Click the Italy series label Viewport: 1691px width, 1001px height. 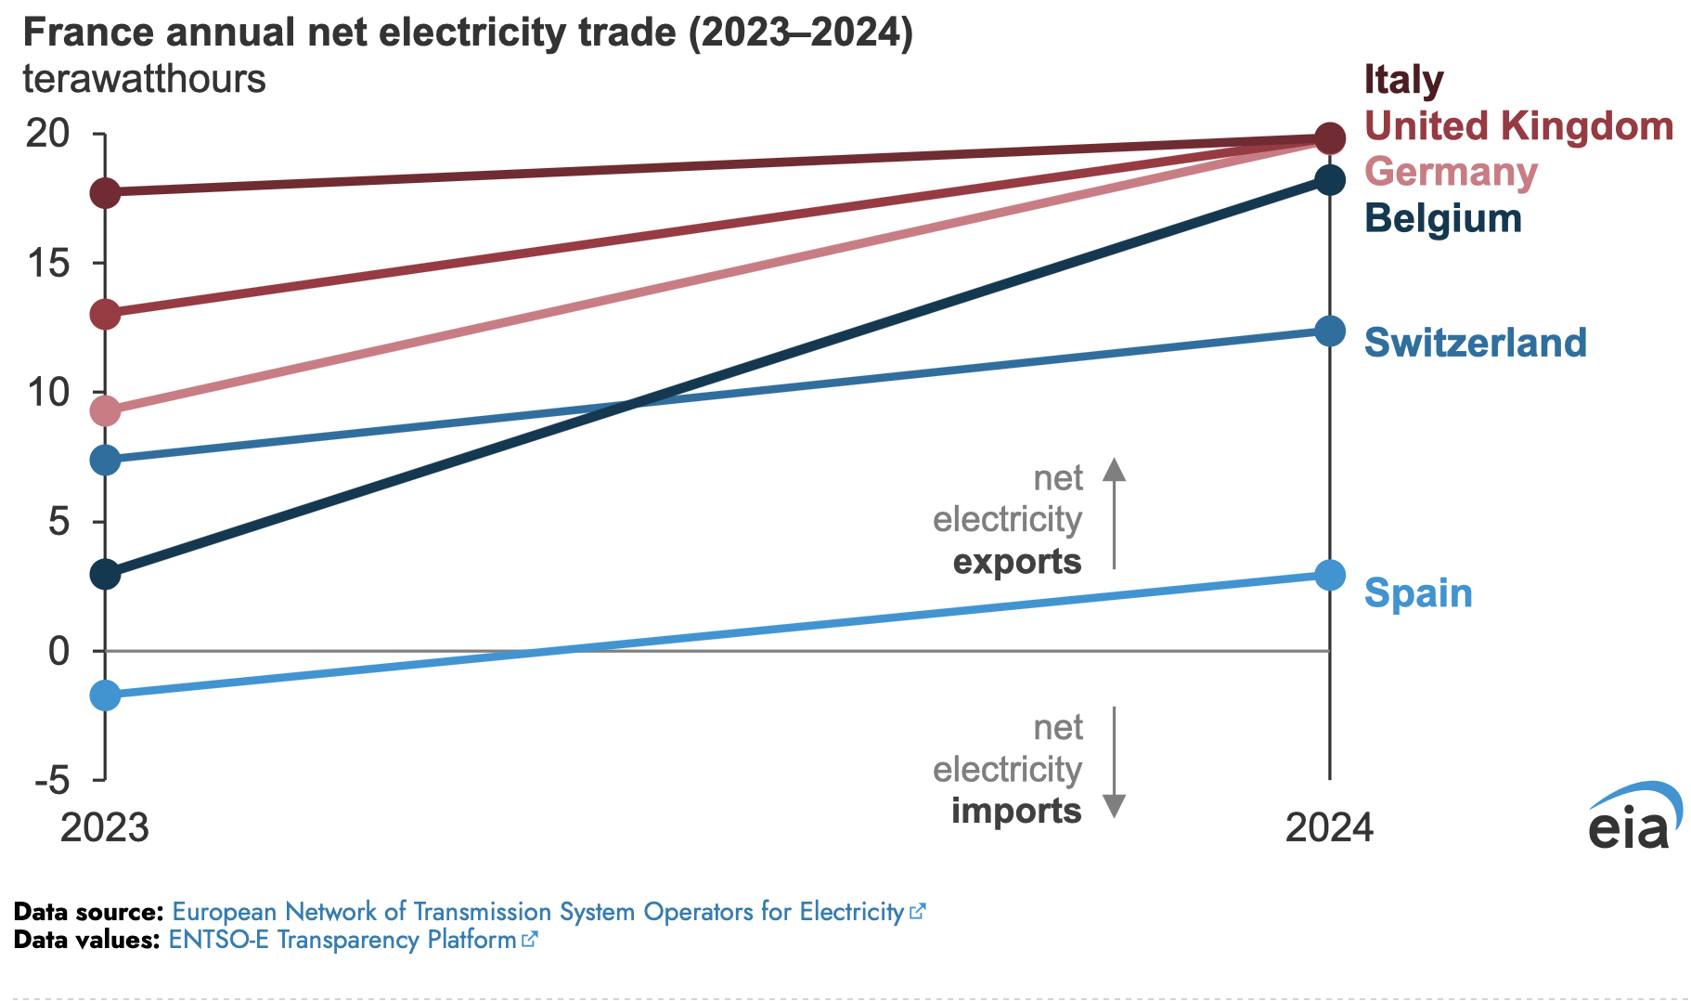click(x=1403, y=80)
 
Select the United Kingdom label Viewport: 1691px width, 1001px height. click(x=1518, y=126)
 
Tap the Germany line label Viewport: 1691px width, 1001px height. click(x=1451, y=173)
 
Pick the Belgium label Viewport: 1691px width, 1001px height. click(x=1443, y=219)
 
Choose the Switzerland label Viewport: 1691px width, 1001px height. click(x=1475, y=343)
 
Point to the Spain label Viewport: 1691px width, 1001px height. click(x=1418, y=593)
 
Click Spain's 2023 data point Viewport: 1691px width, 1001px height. click(x=106, y=695)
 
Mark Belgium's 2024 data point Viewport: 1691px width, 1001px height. click(x=1330, y=180)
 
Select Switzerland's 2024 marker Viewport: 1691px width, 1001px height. click(x=1330, y=331)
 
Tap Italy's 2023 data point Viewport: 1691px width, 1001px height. click(x=106, y=193)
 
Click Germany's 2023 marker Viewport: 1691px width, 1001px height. click(x=106, y=410)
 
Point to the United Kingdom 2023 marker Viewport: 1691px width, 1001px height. click(x=106, y=314)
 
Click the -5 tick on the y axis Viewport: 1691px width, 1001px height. click(x=53, y=781)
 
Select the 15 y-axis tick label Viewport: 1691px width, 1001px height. click(x=47, y=264)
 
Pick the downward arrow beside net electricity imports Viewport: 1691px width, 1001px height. click(x=1114, y=762)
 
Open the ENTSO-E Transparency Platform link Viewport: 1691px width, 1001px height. click(x=342, y=940)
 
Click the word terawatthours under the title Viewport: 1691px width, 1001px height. click(x=145, y=80)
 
